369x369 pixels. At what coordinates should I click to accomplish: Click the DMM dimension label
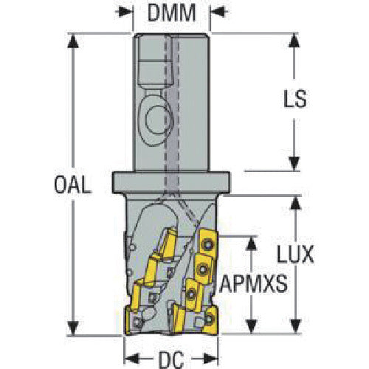tap(171, 13)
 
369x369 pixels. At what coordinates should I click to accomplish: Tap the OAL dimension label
tap(72, 184)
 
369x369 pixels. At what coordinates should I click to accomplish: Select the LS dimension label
tap(295, 99)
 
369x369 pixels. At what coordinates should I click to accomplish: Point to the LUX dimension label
tap(295, 254)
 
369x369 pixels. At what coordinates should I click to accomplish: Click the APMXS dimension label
tap(253, 283)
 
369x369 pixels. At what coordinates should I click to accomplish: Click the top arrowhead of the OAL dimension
tap(73, 41)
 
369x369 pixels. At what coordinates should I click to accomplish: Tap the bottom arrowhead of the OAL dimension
tap(73, 328)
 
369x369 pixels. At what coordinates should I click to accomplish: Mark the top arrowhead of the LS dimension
tap(294, 41)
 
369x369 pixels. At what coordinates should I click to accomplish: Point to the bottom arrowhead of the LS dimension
tap(294, 164)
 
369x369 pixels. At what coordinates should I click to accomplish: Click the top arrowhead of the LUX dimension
tap(295, 203)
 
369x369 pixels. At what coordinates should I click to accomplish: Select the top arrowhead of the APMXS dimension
tap(251, 244)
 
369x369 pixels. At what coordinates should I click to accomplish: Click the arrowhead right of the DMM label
tap(218, 12)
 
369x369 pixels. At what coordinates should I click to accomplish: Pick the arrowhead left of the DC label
tap(132, 359)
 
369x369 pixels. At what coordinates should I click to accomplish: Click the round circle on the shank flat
tap(157, 120)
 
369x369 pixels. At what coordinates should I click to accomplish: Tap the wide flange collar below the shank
tap(171, 182)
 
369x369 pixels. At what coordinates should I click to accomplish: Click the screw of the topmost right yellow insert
tap(207, 244)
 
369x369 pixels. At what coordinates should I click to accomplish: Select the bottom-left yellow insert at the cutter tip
tap(133, 321)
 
